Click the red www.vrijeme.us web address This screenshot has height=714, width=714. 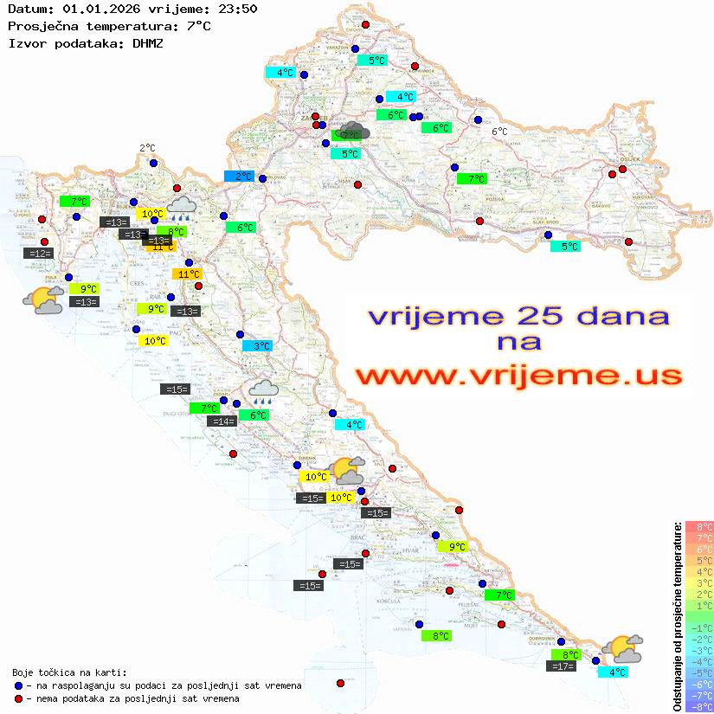coord(518,376)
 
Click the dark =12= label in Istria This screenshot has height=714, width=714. coord(39,254)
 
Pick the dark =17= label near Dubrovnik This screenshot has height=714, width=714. coord(563,666)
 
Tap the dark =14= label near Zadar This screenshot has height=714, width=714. coord(222,421)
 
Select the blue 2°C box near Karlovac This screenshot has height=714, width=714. coord(239,177)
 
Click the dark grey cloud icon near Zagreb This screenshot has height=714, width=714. coord(353,132)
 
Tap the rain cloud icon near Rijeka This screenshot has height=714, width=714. coord(182,207)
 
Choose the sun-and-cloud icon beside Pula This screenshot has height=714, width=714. coord(42,300)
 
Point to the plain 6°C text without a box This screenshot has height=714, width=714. coord(499,132)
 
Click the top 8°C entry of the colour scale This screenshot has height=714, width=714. coord(699,527)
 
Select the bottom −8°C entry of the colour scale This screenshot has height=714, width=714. coord(699,706)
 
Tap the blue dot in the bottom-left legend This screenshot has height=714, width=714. coord(19,685)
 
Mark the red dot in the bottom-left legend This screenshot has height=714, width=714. coord(19,698)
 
